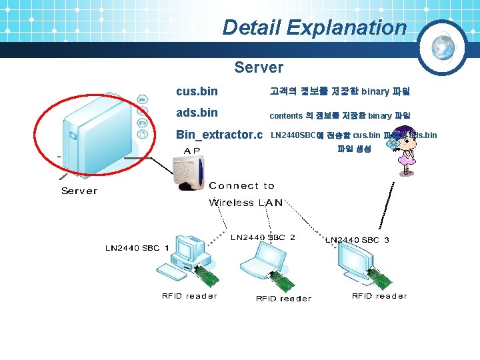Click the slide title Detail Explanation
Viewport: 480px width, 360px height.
(314, 27)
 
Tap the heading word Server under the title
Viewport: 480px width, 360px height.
(259, 67)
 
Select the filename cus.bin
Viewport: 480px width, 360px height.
(197, 91)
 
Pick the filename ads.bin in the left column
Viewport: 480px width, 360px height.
(197, 113)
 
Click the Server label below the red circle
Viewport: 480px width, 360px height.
(79, 191)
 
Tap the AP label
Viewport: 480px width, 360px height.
(192, 151)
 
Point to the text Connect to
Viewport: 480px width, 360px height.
(241, 186)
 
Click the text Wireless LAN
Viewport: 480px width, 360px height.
(245, 203)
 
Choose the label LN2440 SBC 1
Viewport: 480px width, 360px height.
(137, 248)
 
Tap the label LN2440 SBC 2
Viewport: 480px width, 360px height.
(263, 237)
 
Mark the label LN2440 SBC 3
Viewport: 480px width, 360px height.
(357, 240)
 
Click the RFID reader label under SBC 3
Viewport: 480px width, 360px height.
(379, 296)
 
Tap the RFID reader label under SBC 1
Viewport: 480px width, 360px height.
(189, 296)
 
